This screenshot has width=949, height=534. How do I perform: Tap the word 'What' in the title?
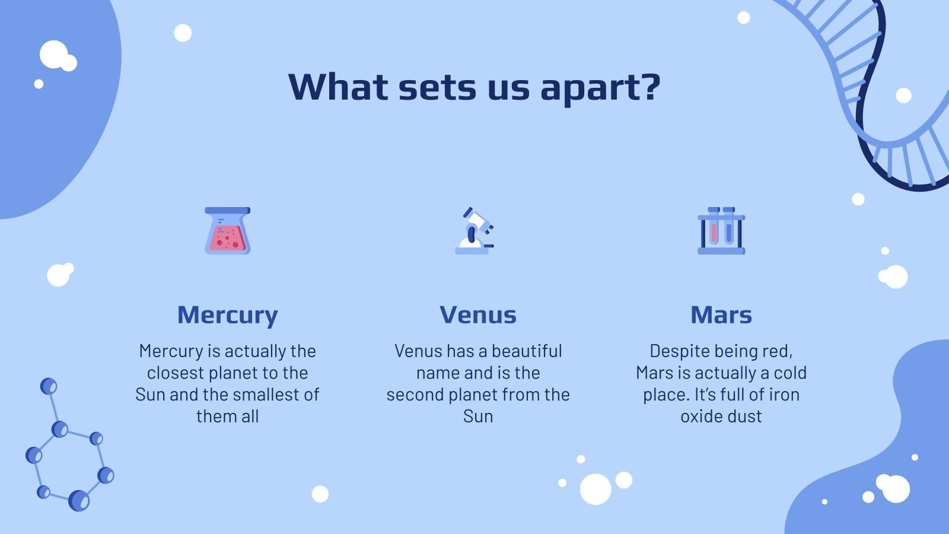337,87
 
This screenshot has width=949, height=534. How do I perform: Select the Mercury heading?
228,315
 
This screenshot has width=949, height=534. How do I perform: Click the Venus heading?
478,315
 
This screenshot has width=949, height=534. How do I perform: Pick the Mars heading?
721,315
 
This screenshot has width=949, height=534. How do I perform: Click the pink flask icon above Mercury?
228,231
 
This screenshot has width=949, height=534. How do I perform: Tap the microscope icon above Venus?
475,231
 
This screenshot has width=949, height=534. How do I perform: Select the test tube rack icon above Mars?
721,231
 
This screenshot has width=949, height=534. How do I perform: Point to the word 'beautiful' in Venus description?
527,351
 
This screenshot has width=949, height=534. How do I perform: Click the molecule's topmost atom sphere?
49,386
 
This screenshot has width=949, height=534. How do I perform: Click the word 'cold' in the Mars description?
790,373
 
